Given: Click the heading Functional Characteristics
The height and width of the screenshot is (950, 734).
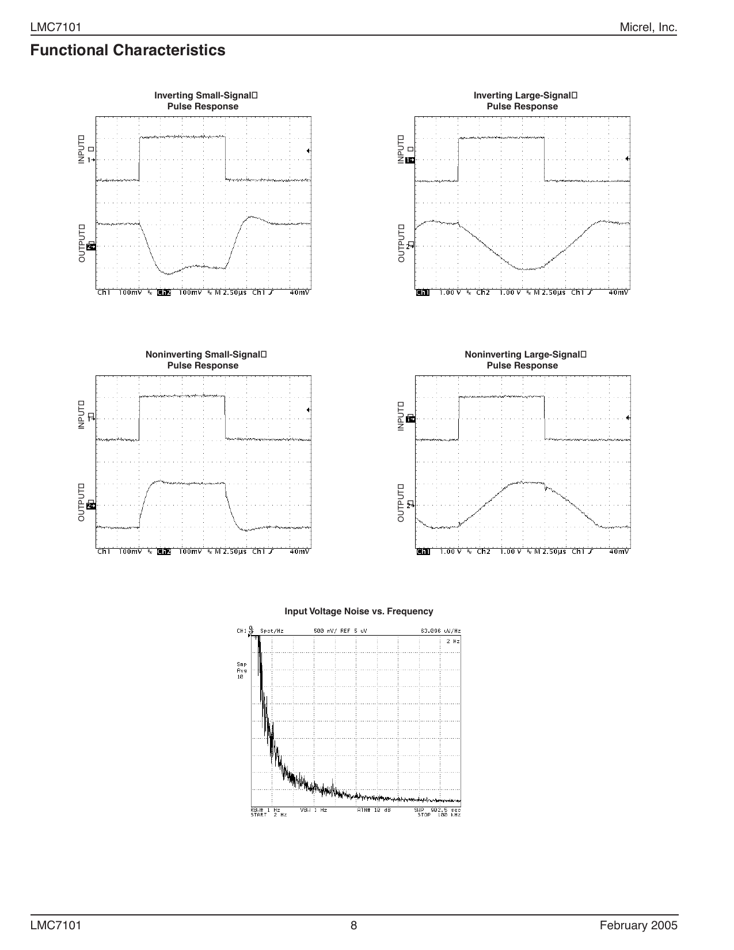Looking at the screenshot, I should (128, 51).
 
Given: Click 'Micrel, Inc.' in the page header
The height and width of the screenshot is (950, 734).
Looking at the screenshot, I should (648, 28).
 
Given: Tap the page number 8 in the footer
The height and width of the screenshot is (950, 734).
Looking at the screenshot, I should (354, 926).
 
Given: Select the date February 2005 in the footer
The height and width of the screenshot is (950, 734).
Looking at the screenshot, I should (638, 926).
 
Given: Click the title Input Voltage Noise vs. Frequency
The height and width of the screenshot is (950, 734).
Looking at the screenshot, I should (359, 611).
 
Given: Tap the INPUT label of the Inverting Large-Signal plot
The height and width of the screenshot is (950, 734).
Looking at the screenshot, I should (401, 149).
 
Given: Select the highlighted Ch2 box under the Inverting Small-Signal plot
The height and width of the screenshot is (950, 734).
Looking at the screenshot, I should (164, 292).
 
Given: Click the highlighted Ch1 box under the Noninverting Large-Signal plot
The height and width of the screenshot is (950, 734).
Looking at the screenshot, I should (423, 552).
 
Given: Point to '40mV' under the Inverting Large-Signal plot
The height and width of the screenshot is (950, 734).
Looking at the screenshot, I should (619, 292).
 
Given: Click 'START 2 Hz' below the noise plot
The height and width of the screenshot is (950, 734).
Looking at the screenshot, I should (268, 815).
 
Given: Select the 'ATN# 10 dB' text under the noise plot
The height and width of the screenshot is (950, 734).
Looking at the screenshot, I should (374, 810).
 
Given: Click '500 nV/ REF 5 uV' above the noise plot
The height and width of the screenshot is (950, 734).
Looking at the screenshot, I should (340, 631).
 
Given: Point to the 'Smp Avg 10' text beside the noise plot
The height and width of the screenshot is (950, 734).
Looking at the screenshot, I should (242, 670).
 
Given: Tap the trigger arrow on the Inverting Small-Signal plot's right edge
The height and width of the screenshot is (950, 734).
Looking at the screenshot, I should (309, 151).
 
